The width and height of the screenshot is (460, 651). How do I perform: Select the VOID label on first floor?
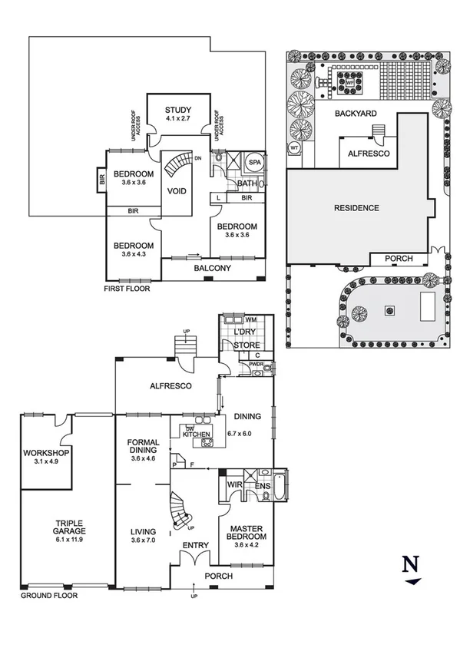(177, 190)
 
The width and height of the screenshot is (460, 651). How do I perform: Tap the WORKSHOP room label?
(46, 453)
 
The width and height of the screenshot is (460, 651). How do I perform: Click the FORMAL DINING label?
(144, 447)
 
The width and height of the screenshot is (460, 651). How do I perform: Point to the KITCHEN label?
(197, 435)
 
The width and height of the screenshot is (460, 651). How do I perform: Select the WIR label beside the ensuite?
(236, 485)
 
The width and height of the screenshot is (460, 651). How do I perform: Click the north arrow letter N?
(411, 564)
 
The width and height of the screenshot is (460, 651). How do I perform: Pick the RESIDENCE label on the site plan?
(356, 208)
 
